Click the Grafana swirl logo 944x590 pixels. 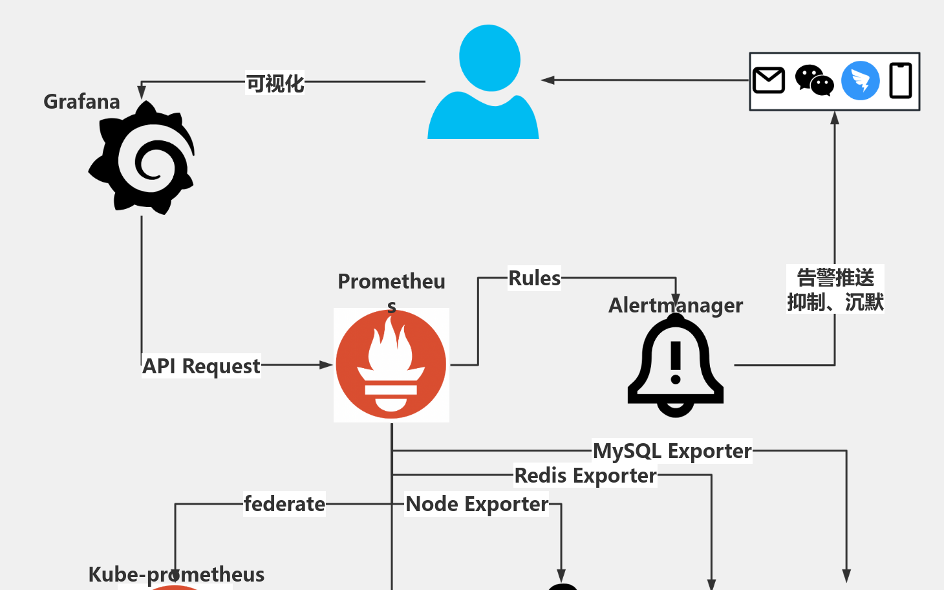tap(142, 158)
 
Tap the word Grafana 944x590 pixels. tap(81, 102)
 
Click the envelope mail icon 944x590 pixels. tap(769, 81)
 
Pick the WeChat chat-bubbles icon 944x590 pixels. tap(814, 81)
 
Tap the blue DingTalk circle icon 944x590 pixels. tap(860, 81)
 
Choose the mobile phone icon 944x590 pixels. tap(900, 81)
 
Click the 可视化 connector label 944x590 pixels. tap(275, 83)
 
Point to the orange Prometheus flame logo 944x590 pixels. tap(391, 365)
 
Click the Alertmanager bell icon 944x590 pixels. tap(676, 366)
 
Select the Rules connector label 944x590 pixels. tap(534, 278)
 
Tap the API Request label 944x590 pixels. tap(201, 366)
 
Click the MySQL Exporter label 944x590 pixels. tap(672, 451)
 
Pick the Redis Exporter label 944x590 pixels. tap(585, 476)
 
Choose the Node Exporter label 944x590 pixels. tap(477, 504)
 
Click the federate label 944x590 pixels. tap(284, 504)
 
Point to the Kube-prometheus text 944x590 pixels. tap(176, 574)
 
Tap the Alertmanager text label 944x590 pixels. tap(676, 305)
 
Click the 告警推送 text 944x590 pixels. tap(835, 278)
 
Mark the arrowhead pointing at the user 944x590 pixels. tap(548, 80)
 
